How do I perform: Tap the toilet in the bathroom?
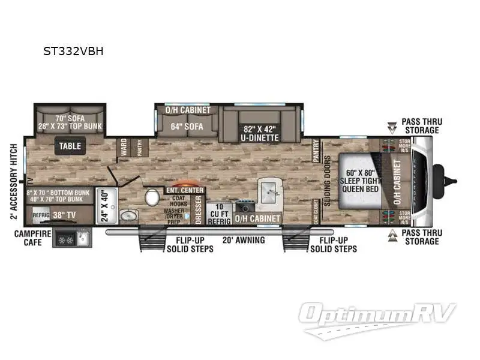coord(152,197)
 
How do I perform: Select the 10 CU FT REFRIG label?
coord(215,214)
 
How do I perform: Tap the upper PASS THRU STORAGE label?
coord(422,126)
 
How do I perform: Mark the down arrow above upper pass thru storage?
coord(392,127)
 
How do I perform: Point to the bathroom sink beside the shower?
coord(128,216)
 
